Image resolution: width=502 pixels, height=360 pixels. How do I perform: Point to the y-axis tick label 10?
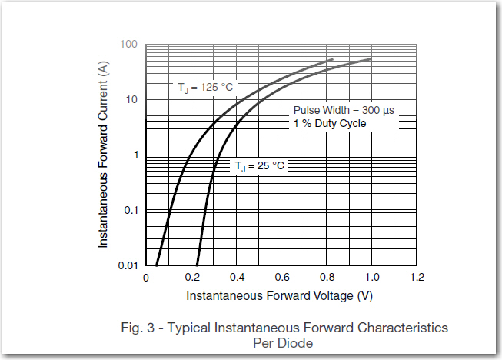[x=131, y=100]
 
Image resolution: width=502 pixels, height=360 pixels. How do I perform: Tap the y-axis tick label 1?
[x=134, y=155]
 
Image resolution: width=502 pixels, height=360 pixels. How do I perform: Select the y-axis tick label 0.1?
[x=129, y=211]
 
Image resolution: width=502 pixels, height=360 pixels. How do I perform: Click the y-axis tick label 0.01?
[x=127, y=265]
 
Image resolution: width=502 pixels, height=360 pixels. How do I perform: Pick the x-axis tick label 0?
[x=146, y=278]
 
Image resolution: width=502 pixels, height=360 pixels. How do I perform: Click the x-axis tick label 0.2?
[x=191, y=278]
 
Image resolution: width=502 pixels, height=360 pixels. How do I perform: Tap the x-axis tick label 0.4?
[x=237, y=278]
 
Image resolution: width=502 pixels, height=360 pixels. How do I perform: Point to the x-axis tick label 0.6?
[x=282, y=278]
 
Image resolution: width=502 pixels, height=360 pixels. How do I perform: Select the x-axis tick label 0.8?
[x=327, y=278]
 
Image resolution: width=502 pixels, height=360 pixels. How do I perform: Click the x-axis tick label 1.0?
[x=373, y=278]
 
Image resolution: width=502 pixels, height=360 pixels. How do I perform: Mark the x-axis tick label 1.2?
[x=418, y=278]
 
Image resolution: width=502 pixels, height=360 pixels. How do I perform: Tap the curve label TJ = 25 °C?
[x=259, y=166]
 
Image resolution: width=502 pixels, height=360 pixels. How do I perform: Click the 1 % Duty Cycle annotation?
[x=330, y=123]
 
